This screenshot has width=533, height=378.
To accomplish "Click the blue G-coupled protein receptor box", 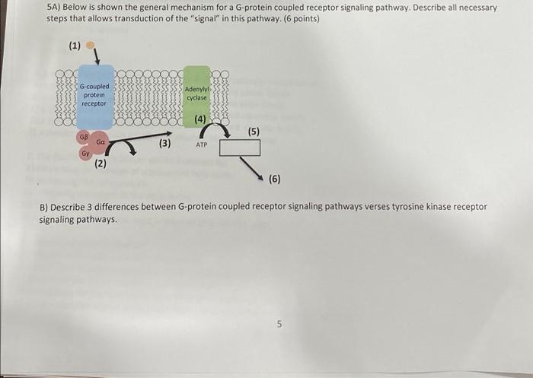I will pyautogui.click(x=94, y=96).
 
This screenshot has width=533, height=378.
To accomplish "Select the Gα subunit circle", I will pyautogui.click(x=100, y=142).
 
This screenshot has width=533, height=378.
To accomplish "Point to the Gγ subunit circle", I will pyautogui.click(x=86, y=154).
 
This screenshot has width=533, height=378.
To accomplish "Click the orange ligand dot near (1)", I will pyautogui.click(x=91, y=45).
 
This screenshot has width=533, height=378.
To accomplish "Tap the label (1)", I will pyautogui.click(x=75, y=46).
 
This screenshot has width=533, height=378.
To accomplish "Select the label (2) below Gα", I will pyautogui.click(x=100, y=163).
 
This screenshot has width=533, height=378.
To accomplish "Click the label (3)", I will pyautogui.click(x=164, y=142).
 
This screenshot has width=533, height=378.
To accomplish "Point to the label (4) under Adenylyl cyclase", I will pyautogui.click(x=200, y=119).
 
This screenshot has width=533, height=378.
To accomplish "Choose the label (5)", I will pyautogui.click(x=254, y=132).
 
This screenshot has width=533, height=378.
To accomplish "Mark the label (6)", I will pyautogui.click(x=274, y=179).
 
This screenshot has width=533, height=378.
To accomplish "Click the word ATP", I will pyautogui.click(x=201, y=144).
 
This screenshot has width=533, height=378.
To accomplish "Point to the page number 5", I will pyautogui.click(x=279, y=324).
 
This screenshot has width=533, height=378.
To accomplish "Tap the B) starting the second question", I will pyautogui.click(x=43, y=207).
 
